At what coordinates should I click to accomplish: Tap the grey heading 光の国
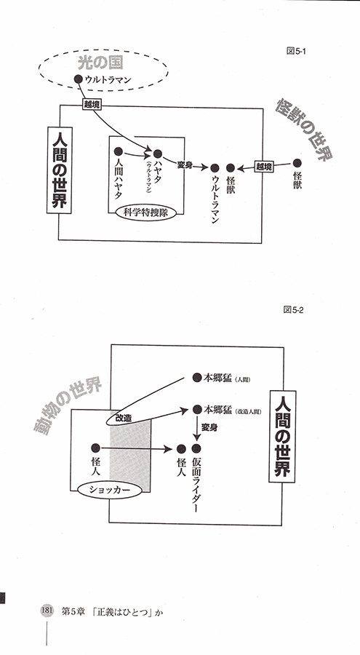(x=100, y=63)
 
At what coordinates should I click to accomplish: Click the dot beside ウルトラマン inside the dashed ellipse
(x=78, y=79)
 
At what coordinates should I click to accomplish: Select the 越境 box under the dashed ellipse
(x=92, y=106)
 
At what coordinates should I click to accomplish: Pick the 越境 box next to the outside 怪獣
(x=265, y=167)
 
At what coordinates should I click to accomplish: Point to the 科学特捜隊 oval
(x=145, y=213)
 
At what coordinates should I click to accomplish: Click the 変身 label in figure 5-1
(x=185, y=164)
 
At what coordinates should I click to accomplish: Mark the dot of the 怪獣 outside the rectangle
(x=297, y=163)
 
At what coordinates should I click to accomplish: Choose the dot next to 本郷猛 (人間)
(x=196, y=378)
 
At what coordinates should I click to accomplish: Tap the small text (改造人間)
(x=248, y=411)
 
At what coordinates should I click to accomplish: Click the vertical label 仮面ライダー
(x=197, y=484)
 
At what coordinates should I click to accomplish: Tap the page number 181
(x=46, y=610)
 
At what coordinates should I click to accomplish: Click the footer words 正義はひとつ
(x=124, y=611)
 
